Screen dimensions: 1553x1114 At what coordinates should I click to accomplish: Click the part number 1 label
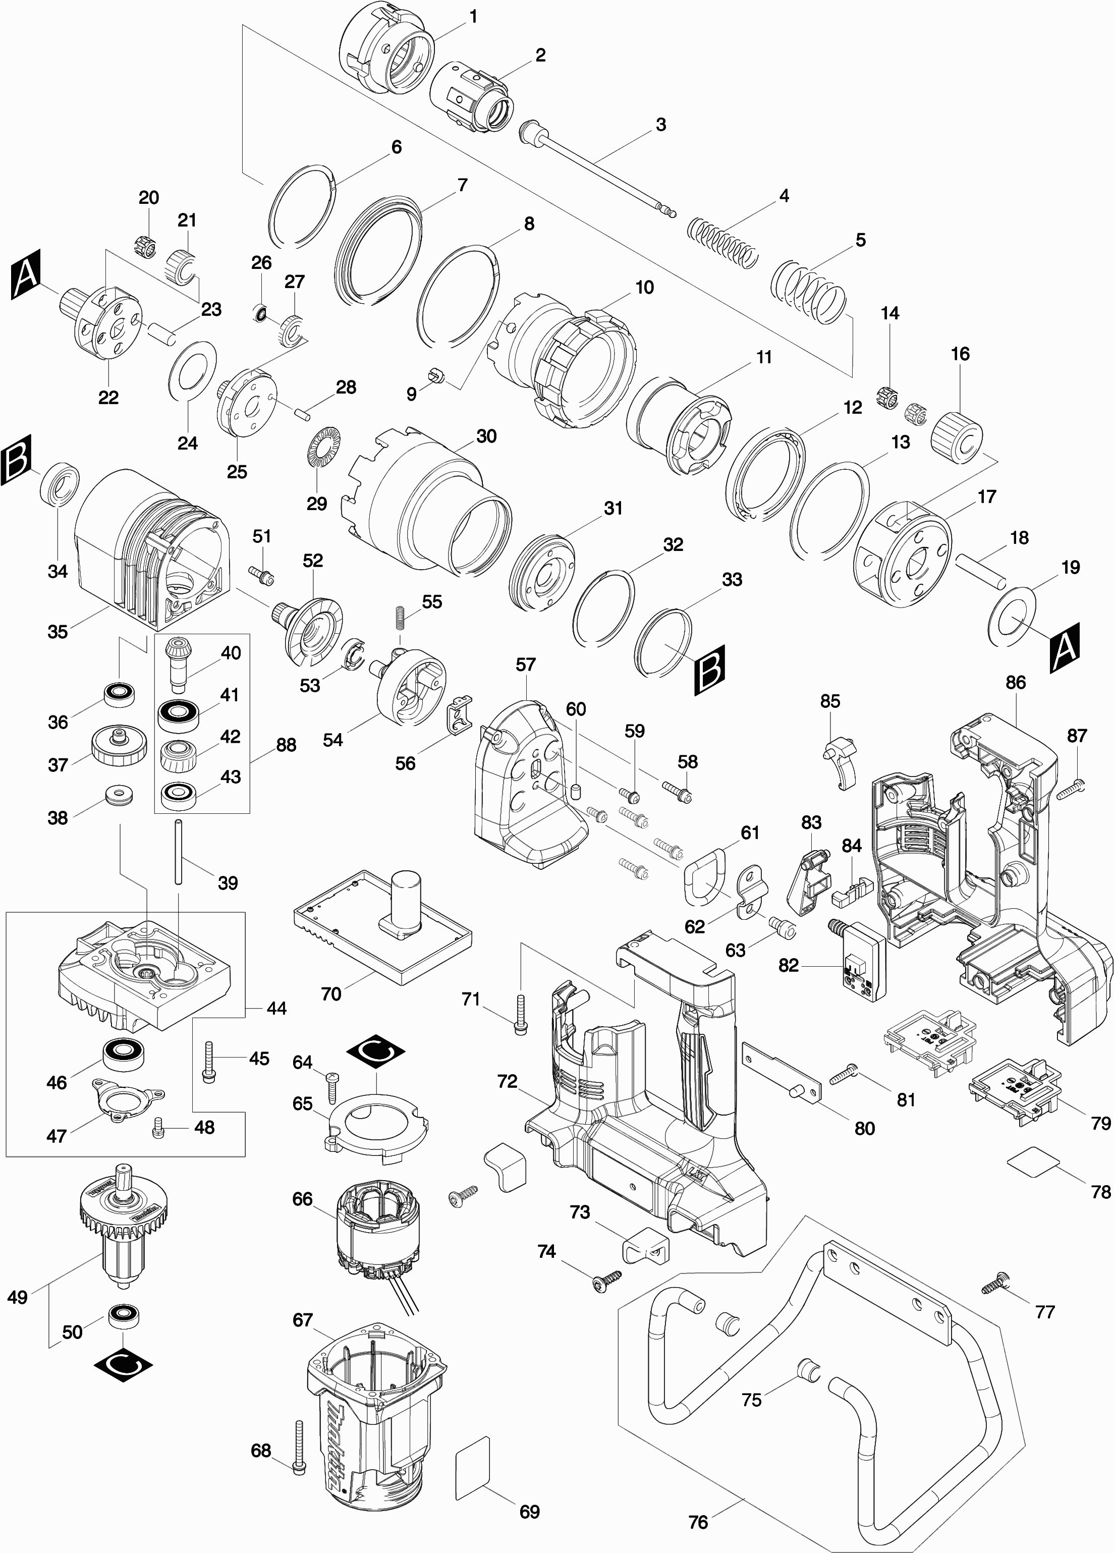[x=472, y=17]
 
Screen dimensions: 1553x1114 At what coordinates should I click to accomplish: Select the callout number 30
[x=486, y=436]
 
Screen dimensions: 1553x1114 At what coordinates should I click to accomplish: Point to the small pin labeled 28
[x=302, y=413]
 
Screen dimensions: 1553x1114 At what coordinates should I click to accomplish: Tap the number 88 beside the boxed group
[x=286, y=745]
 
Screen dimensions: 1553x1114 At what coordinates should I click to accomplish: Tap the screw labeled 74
[x=607, y=1279]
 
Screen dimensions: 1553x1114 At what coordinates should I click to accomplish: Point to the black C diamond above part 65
[x=376, y=1055]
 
